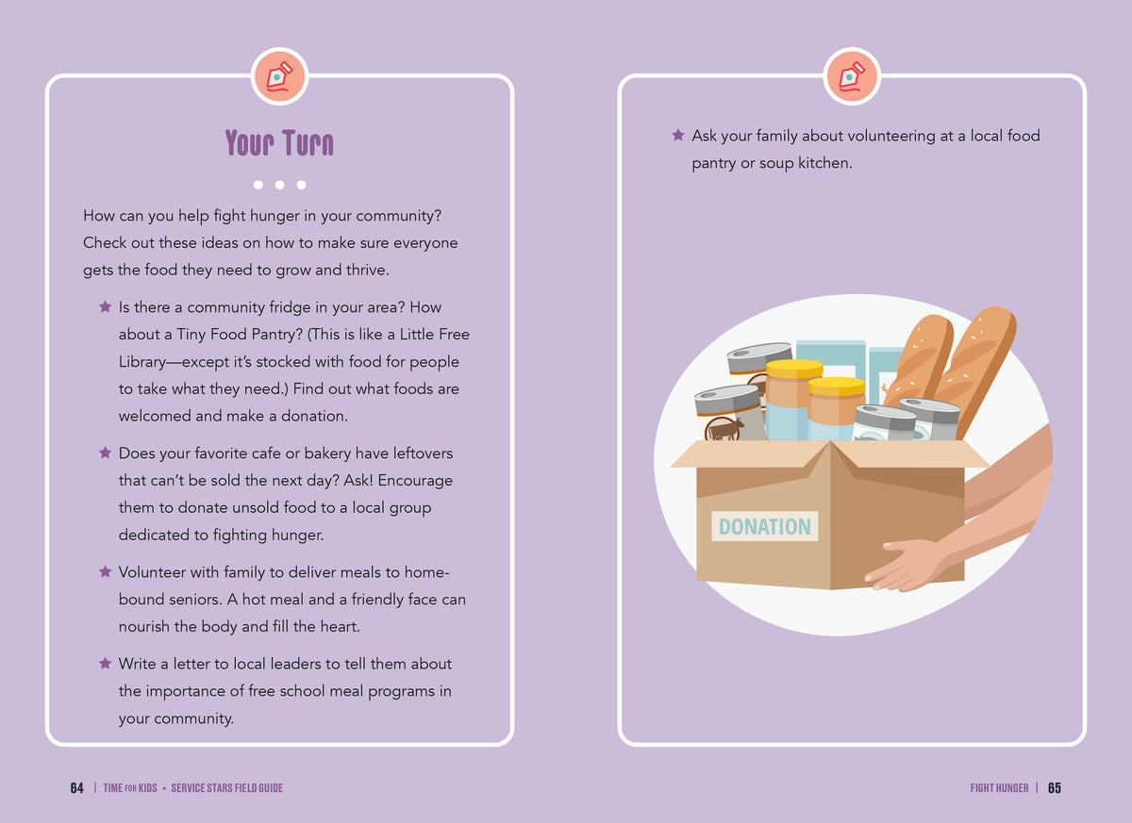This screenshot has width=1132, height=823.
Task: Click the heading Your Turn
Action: [x=279, y=142]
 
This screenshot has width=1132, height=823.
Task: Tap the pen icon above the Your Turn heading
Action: [x=279, y=76]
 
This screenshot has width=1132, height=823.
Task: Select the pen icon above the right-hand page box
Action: [x=852, y=76]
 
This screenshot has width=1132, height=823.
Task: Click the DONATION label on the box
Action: [x=765, y=526]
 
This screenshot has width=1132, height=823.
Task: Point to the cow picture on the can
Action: [x=725, y=430]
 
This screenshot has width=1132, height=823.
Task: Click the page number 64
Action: [x=76, y=788]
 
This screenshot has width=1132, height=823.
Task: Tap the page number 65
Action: [x=1055, y=788]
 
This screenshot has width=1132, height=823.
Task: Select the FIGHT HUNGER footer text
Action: [x=999, y=788]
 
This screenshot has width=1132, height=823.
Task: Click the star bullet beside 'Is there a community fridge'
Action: [x=105, y=306]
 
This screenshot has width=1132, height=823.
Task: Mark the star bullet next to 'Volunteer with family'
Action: [x=105, y=571]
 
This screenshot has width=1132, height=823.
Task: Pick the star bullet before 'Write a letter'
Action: [x=105, y=663]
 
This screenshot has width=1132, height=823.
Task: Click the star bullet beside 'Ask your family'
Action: [x=678, y=135]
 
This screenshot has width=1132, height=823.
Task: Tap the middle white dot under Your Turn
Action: [x=279, y=185]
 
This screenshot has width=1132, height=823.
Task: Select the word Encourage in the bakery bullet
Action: [x=415, y=481]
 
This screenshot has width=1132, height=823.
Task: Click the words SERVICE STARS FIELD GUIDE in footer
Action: [x=227, y=788]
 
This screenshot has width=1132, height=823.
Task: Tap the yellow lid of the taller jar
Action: [x=794, y=368]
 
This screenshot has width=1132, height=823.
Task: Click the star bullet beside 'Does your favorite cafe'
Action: [x=105, y=453]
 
